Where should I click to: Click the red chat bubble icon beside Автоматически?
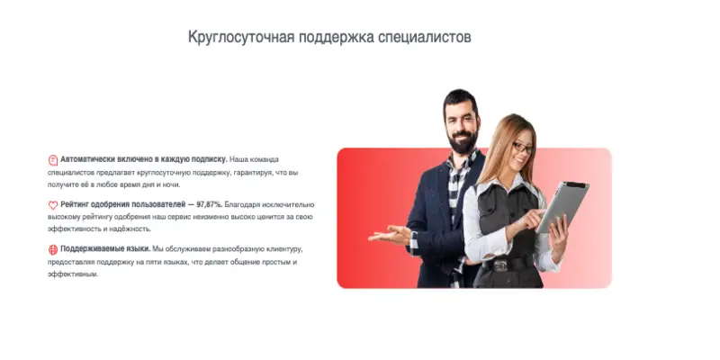pos(53,158)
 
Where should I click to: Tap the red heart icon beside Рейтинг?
pos(53,205)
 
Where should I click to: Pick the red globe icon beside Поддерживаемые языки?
pos(53,249)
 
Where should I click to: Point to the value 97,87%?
pos(212,205)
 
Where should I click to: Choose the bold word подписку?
pos(208,158)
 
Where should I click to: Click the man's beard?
pos(461,141)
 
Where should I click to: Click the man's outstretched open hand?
pos(389,237)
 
